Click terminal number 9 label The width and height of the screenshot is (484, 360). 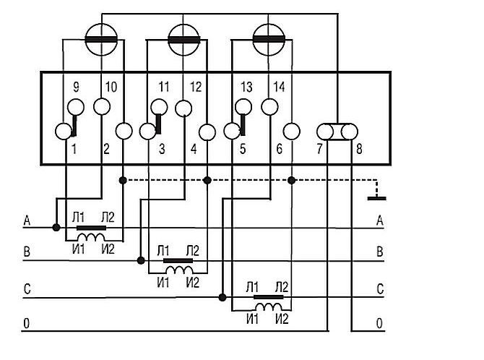(76, 88)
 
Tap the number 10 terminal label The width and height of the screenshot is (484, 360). (111, 88)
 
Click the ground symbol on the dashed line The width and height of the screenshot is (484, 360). (374, 196)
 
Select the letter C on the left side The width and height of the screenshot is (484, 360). (27, 289)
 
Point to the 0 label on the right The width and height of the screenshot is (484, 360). (379, 323)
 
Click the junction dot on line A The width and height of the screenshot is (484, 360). (56, 227)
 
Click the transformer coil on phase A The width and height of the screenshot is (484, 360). (91, 237)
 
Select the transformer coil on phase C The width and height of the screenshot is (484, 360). (268, 307)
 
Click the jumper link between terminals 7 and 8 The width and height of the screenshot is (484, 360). (337, 132)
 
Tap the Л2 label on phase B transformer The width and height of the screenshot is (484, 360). (193, 250)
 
